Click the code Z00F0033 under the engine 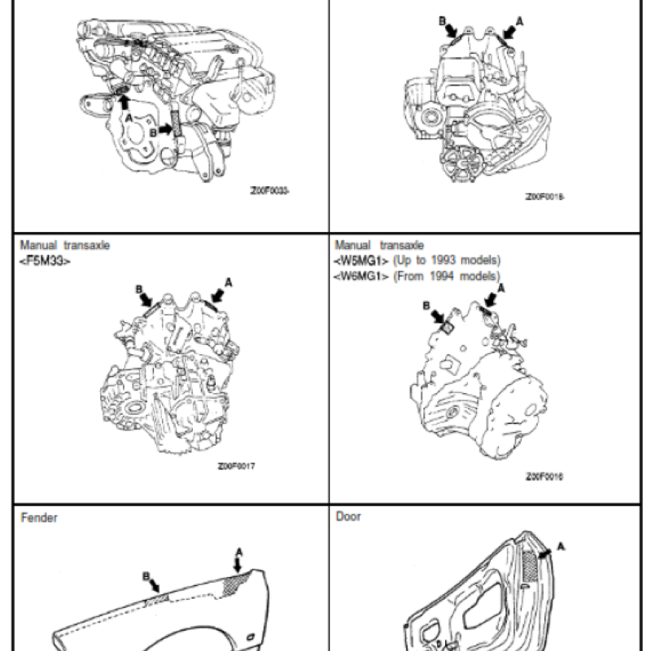tap(269, 193)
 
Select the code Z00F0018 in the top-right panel tap(545, 196)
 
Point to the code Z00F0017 tap(237, 466)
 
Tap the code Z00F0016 tap(544, 476)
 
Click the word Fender tap(39, 518)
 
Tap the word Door tap(348, 517)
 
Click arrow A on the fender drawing tap(238, 563)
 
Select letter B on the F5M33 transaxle tap(138, 288)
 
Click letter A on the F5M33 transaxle tap(229, 282)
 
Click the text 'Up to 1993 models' tap(447, 260)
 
